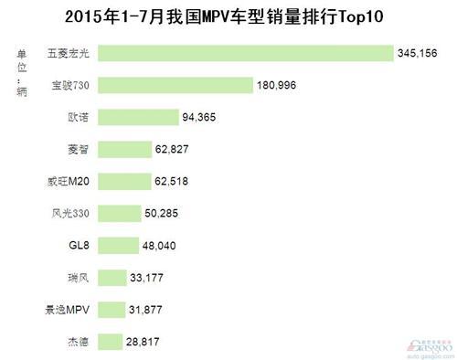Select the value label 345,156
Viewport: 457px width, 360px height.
tap(417, 54)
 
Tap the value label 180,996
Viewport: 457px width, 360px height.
tap(278, 85)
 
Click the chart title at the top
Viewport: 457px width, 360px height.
tap(228, 16)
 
